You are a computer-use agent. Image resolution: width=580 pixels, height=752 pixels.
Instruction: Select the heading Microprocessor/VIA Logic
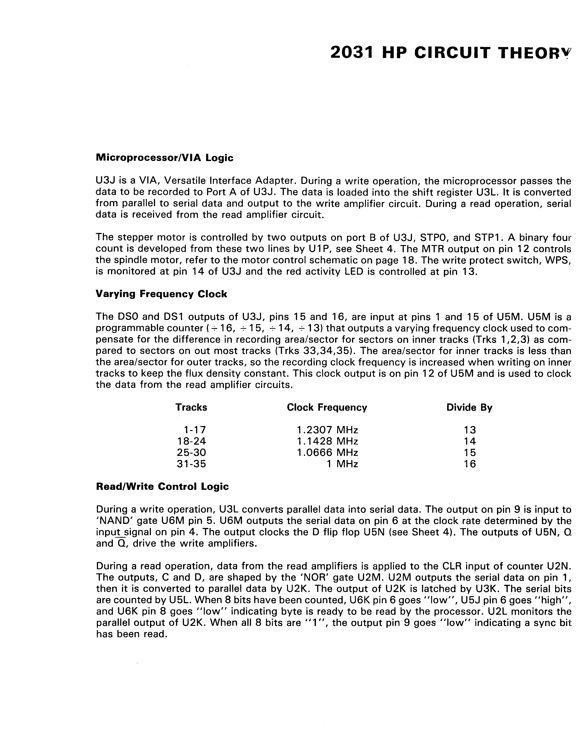[x=164, y=158]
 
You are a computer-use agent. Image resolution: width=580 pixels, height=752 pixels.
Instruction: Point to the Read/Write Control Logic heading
[x=162, y=486]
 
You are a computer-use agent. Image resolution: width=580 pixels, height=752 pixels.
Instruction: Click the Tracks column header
[x=191, y=407]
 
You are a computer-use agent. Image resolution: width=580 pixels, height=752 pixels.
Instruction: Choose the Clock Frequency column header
[x=327, y=407]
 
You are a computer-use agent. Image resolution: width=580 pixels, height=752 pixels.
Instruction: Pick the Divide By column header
[x=469, y=407]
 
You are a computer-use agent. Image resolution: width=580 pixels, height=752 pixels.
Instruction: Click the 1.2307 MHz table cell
[x=327, y=430]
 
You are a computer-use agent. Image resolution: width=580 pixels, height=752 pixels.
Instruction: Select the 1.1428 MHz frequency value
[x=327, y=441]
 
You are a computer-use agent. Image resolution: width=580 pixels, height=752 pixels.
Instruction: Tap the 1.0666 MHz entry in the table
[x=327, y=452]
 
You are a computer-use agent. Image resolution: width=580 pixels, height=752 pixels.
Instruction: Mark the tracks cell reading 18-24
[x=192, y=441]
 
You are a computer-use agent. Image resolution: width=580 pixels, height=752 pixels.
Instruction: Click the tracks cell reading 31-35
[x=192, y=464]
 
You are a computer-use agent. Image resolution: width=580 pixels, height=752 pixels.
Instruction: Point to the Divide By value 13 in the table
[x=470, y=430]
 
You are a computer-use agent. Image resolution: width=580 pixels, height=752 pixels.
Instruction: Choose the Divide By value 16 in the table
[x=470, y=464]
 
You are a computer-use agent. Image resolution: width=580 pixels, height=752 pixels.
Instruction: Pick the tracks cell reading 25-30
[x=192, y=452]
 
